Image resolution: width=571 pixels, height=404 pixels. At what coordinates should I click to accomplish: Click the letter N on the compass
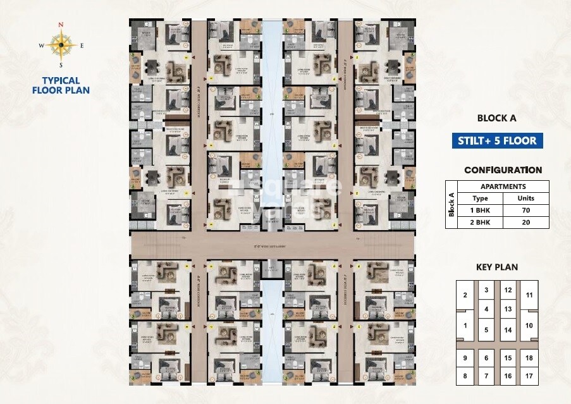(x=61, y=25)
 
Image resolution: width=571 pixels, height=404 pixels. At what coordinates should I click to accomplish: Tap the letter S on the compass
(x=61, y=65)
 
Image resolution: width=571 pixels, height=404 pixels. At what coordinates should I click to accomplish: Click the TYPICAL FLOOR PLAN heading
(x=61, y=85)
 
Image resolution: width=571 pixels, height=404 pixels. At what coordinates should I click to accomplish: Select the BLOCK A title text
(x=496, y=118)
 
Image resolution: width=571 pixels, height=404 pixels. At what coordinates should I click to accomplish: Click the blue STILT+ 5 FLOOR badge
(x=497, y=140)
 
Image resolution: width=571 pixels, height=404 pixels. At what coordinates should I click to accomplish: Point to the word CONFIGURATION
(x=503, y=170)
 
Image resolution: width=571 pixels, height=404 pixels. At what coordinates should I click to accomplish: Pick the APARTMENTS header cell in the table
(x=503, y=187)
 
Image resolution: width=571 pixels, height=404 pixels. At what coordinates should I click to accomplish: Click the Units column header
(x=525, y=199)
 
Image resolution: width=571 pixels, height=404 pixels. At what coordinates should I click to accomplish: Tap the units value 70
(x=525, y=211)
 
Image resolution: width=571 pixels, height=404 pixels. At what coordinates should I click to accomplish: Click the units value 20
(x=525, y=223)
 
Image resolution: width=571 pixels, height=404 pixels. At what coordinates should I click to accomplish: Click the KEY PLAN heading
(x=496, y=267)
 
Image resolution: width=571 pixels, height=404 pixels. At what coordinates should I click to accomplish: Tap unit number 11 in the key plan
(x=529, y=295)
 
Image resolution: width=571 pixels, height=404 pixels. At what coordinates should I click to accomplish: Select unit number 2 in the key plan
(x=465, y=295)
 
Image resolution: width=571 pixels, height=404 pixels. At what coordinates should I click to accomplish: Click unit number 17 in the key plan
(x=529, y=376)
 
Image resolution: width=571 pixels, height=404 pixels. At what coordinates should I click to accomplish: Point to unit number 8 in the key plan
(x=465, y=376)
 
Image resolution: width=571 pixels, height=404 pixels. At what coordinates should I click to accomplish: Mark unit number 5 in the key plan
(x=486, y=329)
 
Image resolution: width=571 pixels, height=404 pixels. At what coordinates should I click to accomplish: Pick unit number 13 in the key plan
(x=508, y=309)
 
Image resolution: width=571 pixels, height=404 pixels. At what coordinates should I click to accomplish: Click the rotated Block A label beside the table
(x=451, y=204)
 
